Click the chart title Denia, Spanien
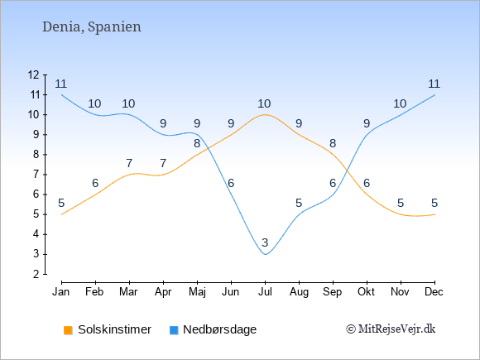92,27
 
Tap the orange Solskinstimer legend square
68,330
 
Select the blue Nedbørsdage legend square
174,330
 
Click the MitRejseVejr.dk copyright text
391,329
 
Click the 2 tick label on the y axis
36,274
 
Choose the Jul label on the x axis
265,292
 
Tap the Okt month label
366,292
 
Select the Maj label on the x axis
197,292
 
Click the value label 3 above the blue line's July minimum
265,242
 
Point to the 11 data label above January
61,84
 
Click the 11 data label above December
434,84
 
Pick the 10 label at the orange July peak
264,104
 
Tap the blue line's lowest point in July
265,254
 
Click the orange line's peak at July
265,115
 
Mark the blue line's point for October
367,135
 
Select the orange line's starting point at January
62,214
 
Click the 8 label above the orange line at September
333,143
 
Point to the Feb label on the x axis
94,292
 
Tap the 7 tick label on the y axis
36,175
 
